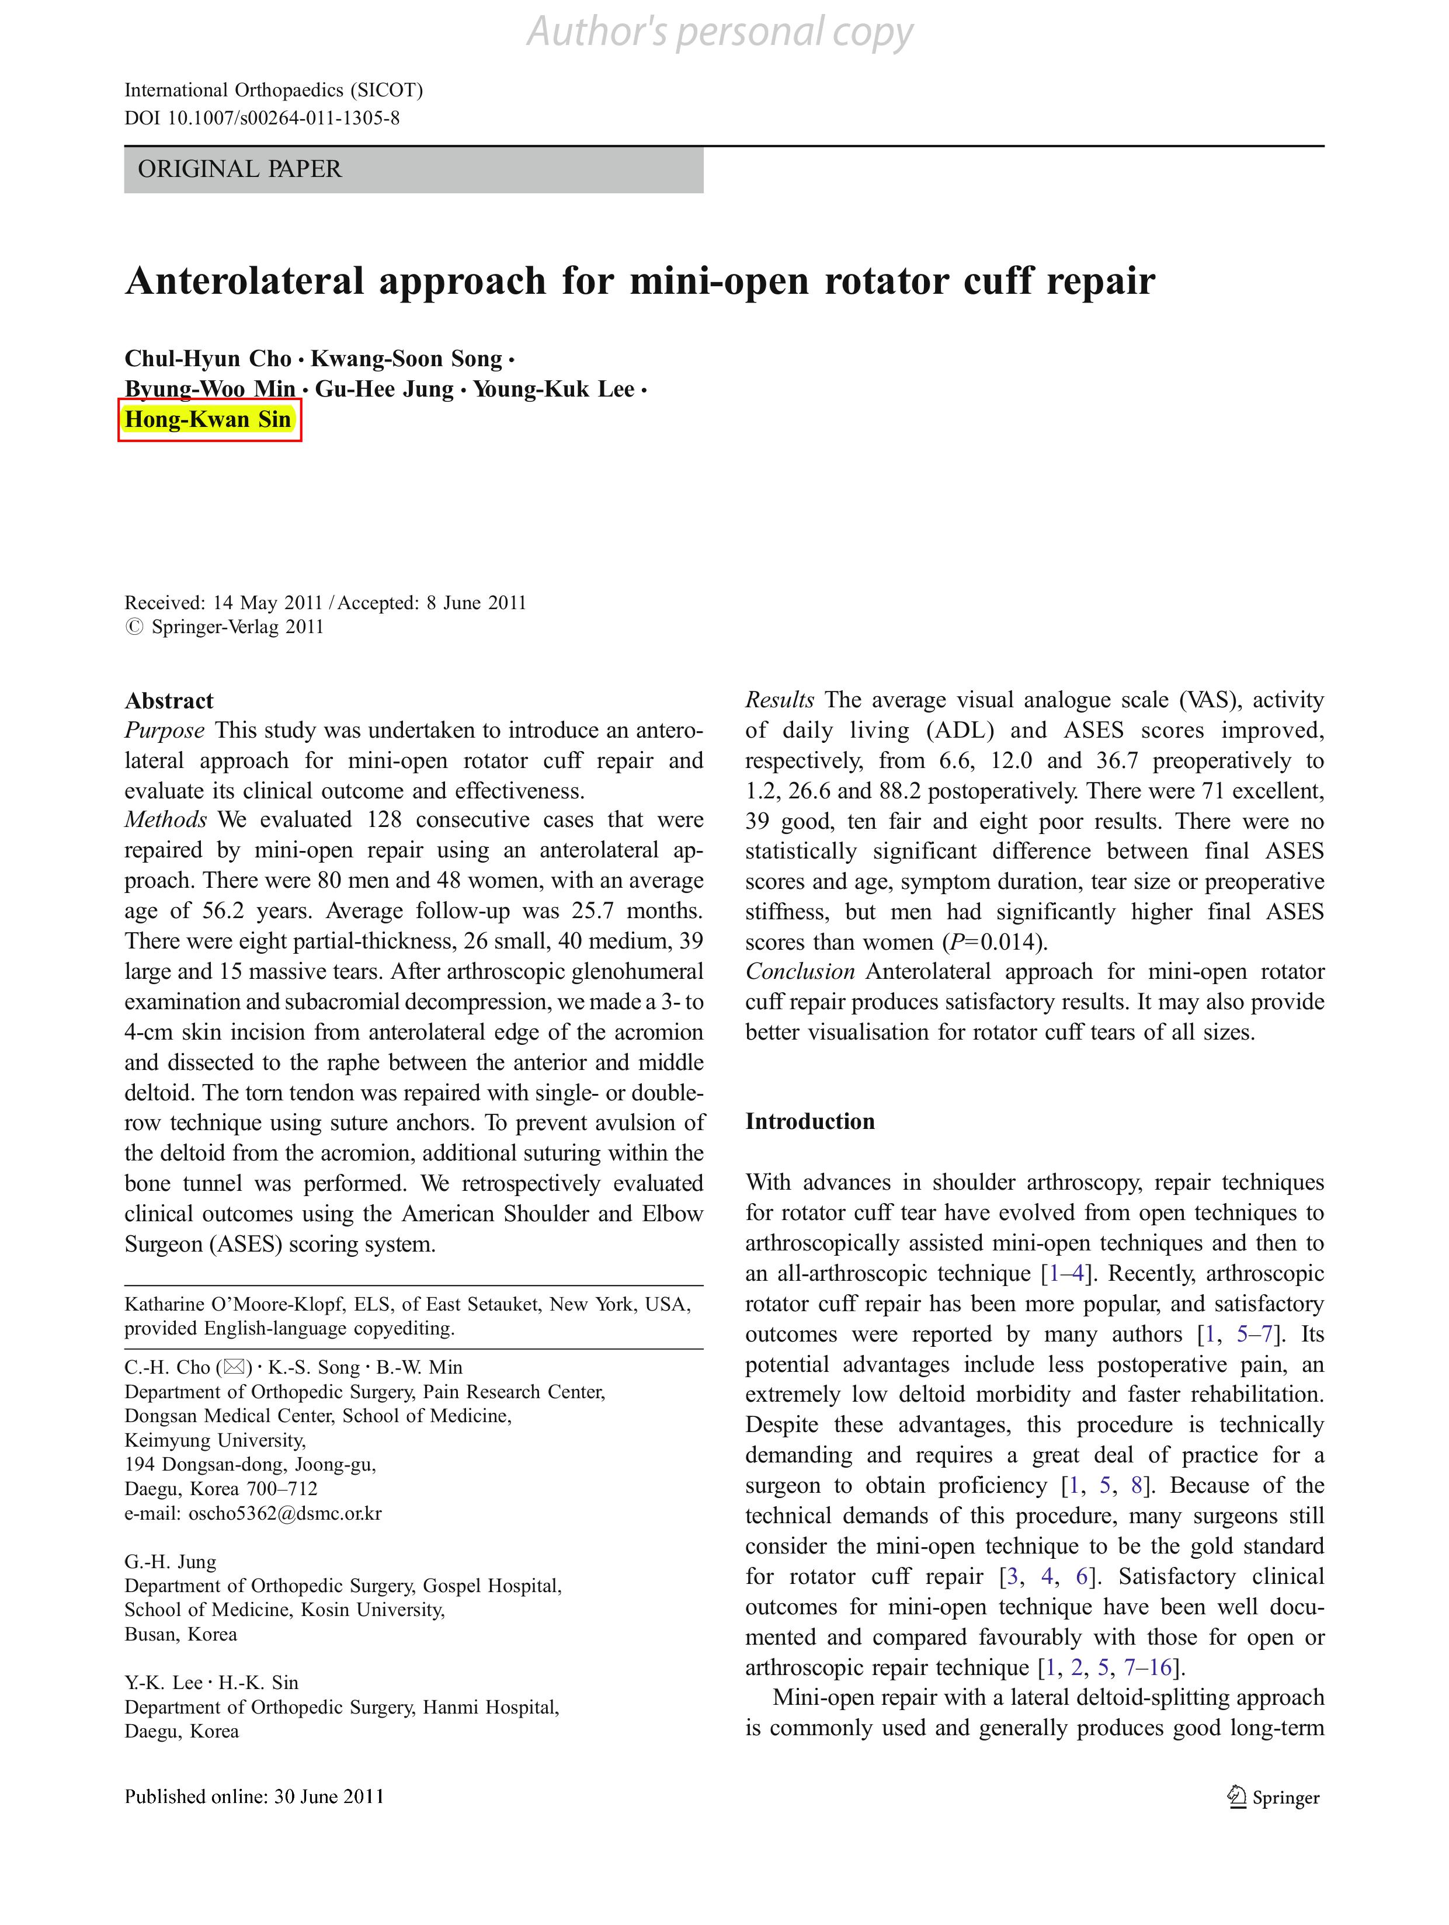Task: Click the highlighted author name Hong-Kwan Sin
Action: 208,419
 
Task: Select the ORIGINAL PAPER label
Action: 239,169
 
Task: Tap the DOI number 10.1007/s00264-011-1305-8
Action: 283,119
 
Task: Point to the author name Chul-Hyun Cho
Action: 208,359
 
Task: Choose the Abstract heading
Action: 169,700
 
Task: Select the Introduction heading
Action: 809,1121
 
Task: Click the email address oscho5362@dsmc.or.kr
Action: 284,1513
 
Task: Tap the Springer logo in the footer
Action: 1273,1797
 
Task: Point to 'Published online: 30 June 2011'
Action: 254,1796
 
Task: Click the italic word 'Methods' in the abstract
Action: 165,820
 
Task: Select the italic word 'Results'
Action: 779,700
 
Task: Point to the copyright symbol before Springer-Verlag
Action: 134,627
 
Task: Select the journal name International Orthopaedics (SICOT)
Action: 273,91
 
